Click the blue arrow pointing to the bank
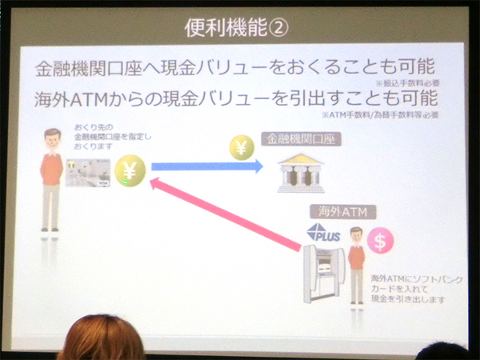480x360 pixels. [x=206, y=167]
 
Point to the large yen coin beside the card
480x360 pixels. [x=130, y=170]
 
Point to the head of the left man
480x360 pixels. [x=53, y=138]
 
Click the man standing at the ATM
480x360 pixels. [x=356, y=268]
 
